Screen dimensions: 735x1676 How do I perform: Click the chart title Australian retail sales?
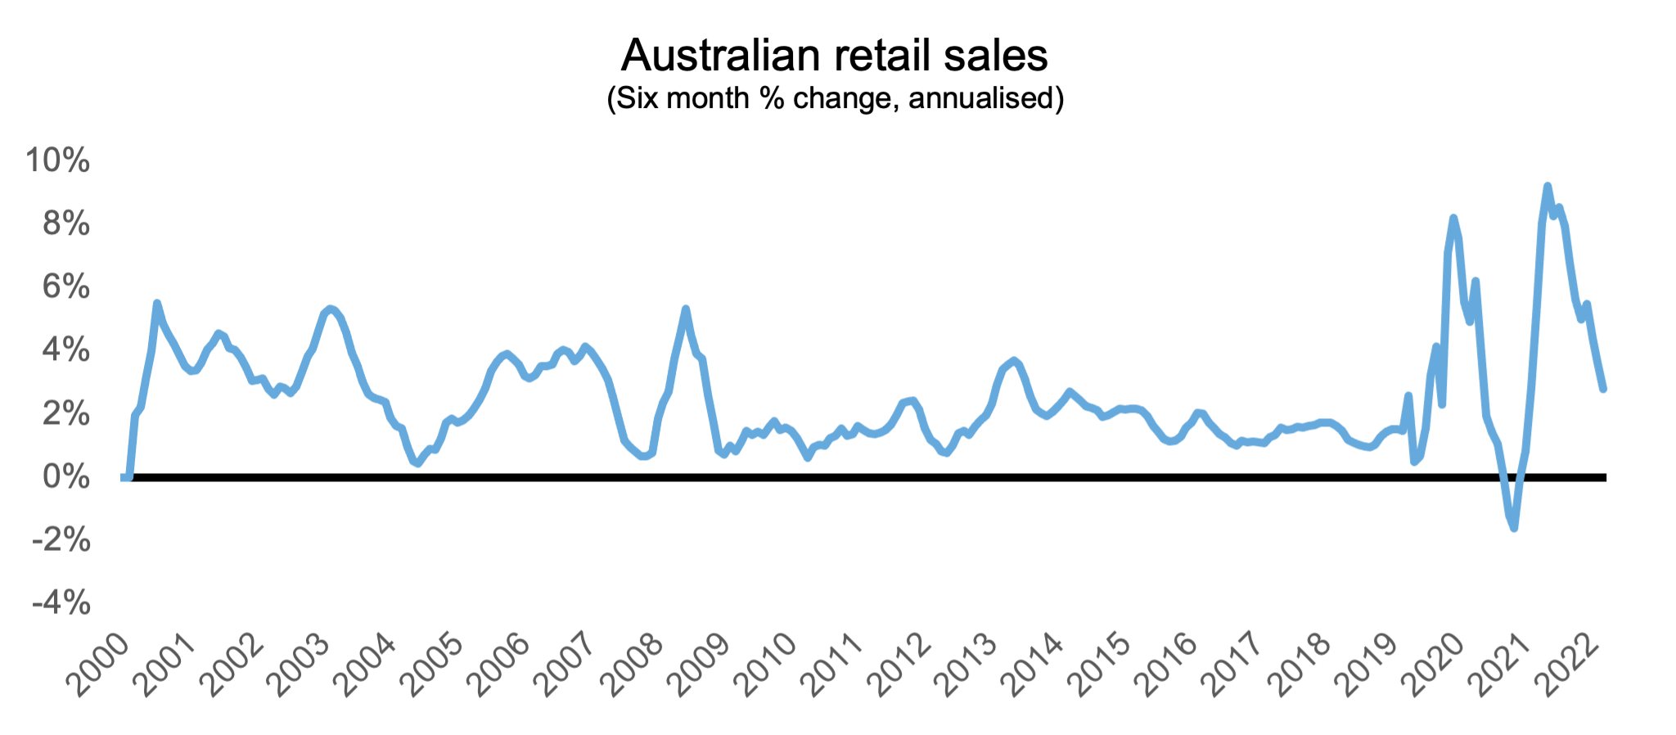(834, 55)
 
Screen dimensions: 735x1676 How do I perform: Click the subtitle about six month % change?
(835, 98)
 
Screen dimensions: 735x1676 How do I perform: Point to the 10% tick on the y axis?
(57, 160)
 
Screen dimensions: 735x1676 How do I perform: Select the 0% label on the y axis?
(65, 476)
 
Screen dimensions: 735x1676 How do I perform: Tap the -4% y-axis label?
(61, 603)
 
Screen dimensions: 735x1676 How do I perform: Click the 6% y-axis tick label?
(65, 286)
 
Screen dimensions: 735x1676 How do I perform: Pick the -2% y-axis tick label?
(61, 540)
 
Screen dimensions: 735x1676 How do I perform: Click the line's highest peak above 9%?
(1547, 187)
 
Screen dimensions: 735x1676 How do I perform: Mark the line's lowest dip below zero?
(1514, 528)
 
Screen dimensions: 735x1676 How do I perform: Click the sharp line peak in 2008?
(686, 309)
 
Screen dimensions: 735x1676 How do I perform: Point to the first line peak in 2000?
(157, 303)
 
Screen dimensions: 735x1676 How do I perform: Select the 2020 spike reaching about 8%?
(1453, 218)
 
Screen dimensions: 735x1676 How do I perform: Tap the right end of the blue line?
(1603, 389)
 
